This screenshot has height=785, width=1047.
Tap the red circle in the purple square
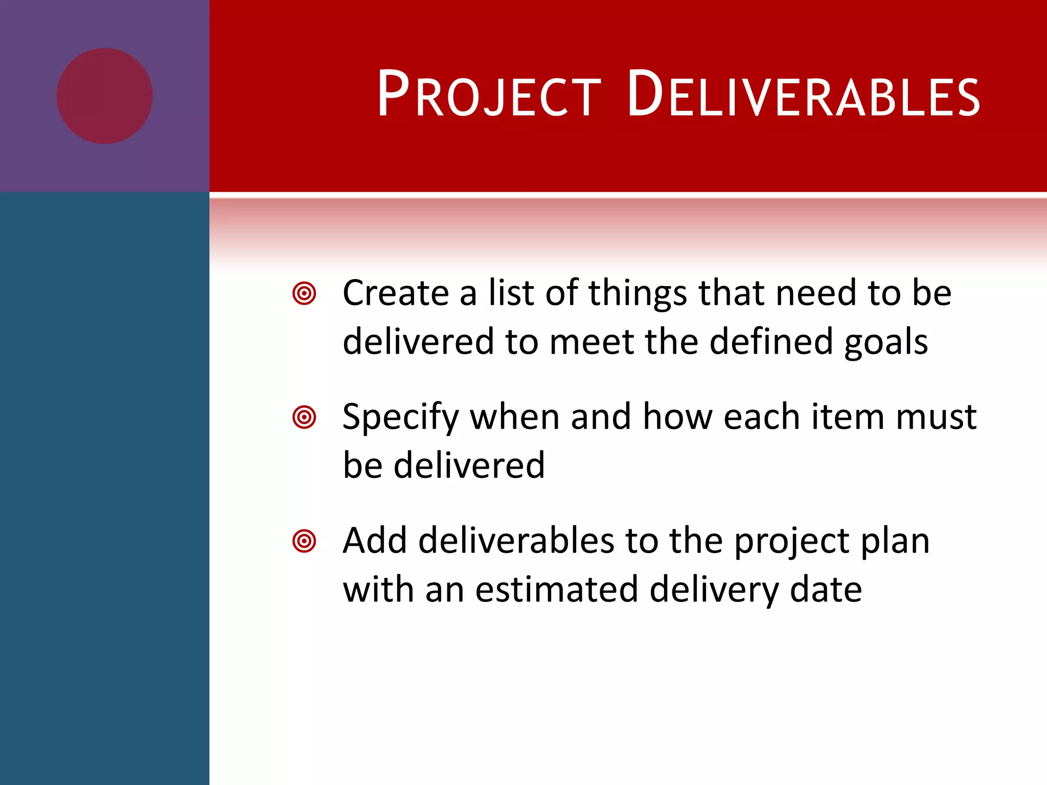click(x=105, y=96)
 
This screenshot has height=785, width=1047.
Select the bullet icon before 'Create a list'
click(x=304, y=293)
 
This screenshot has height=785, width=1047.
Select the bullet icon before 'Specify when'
click(x=304, y=417)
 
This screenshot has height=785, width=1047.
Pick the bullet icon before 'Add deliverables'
click(x=304, y=541)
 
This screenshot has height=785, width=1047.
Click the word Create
click(x=395, y=293)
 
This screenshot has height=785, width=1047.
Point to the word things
click(x=638, y=293)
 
